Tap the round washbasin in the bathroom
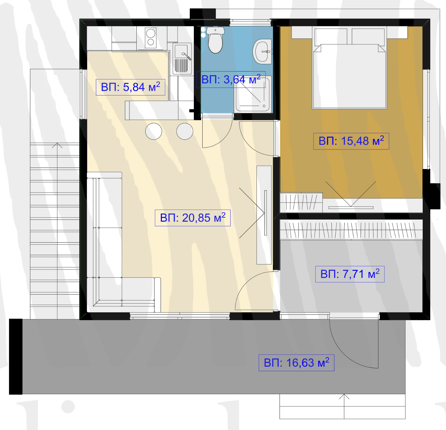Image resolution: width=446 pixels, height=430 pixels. coord(262,52)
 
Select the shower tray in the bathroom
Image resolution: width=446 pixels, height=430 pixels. coord(253,94)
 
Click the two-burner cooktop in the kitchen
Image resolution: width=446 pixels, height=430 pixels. coord(151,38)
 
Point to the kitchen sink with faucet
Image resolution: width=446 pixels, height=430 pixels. coord(182,59)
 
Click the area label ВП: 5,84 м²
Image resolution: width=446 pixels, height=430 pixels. coord(131,87)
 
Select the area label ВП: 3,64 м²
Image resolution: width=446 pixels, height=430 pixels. coord(231,79)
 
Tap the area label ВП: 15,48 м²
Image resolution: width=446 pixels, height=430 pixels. coord(351,141)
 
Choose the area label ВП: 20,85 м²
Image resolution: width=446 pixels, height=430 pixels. coord(193,218)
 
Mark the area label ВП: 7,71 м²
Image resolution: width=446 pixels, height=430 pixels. coord(350,274)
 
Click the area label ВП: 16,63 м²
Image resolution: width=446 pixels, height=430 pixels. coord(296,363)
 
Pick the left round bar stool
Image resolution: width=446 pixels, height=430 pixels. coord(154,131)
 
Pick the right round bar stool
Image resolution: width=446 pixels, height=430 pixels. coord(185,131)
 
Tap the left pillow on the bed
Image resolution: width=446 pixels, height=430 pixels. coord(331,36)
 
